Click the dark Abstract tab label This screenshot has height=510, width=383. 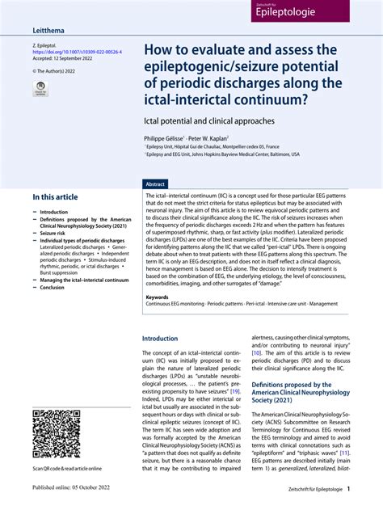(x=155, y=183)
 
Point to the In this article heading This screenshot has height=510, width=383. (x=56, y=197)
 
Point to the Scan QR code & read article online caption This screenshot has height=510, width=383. (x=67, y=469)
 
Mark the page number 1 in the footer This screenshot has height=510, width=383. (x=348, y=490)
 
